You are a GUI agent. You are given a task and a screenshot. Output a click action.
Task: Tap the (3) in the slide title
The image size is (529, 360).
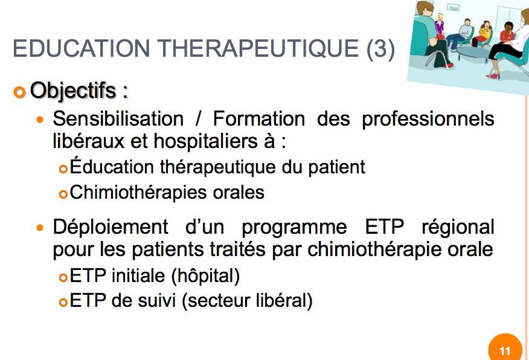[x=380, y=50]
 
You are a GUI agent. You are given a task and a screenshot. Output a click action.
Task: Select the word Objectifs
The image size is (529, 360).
[x=73, y=91]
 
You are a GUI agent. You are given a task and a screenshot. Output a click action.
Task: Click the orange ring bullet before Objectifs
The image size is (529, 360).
[x=19, y=92]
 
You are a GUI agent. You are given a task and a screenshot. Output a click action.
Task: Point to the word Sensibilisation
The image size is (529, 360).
[x=118, y=119]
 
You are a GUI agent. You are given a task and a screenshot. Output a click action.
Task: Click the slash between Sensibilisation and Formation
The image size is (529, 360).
[x=198, y=119]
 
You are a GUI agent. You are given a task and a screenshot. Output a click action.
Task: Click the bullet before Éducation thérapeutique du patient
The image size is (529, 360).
[x=63, y=169]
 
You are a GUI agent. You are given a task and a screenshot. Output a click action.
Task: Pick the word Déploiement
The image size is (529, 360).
[x=111, y=227]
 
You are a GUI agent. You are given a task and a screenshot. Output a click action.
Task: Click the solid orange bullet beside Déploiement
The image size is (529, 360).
[x=40, y=228]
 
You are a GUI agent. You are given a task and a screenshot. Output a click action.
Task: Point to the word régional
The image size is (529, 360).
[x=458, y=227]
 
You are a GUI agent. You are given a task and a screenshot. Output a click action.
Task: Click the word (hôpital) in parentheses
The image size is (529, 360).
[x=205, y=276]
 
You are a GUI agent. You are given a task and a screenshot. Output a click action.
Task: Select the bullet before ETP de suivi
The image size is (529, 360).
[x=63, y=302]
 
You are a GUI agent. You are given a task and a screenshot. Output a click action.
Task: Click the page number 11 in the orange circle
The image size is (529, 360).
[x=505, y=351]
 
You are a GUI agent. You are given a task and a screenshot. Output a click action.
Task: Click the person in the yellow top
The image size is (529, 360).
[x=485, y=31]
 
